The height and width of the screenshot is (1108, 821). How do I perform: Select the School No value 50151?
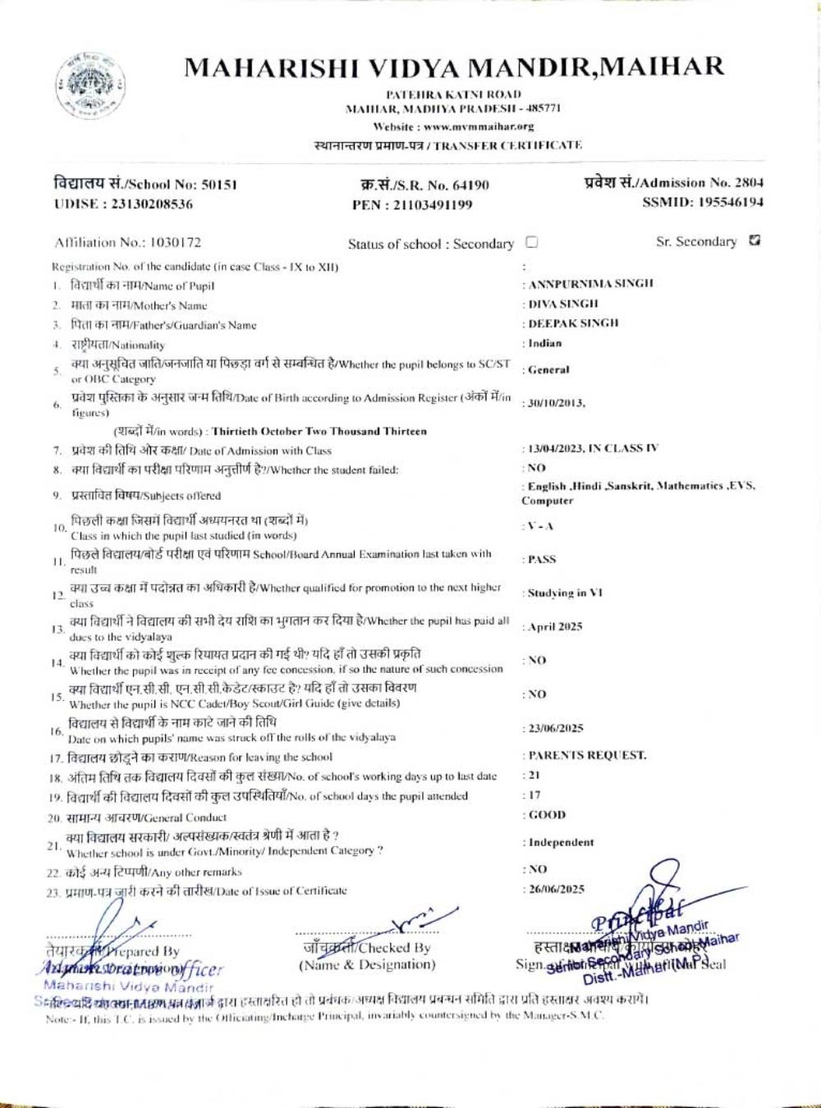coord(220,185)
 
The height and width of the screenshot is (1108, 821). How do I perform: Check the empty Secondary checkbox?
coord(532,242)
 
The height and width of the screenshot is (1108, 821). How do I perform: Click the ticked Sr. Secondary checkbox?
coord(754,241)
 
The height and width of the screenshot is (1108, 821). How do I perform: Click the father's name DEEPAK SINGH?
coord(573,323)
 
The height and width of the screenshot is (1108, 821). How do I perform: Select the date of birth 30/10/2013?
coord(556,403)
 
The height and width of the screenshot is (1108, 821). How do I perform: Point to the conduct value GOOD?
coord(547,815)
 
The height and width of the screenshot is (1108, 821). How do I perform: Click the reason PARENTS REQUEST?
coord(586,755)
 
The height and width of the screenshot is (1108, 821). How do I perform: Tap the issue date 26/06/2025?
coord(556,889)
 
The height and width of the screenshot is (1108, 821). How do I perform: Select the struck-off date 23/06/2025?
coord(556,728)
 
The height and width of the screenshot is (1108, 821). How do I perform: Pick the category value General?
coord(548,370)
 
